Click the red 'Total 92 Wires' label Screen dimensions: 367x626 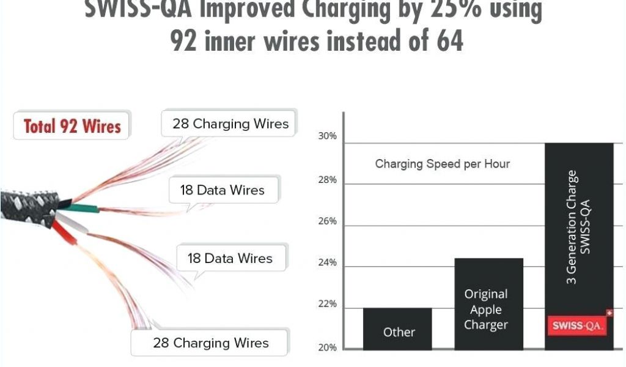(x=72, y=126)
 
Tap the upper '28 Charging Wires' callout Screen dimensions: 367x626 (x=230, y=124)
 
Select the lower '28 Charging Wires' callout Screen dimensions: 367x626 (x=210, y=343)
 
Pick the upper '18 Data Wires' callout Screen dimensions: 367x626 (x=222, y=190)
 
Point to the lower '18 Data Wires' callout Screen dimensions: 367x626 (x=230, y=258)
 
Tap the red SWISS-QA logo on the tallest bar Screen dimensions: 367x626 (x=578, y=325)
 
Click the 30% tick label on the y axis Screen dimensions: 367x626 (x=327, y=136)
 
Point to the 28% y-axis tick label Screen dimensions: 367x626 (x=327, y=180)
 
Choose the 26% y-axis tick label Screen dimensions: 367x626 (x=327, y=221)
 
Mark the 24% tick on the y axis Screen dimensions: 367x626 (x=327, y=264)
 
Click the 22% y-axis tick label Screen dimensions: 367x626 (x=327, y=305)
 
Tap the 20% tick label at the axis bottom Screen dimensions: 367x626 (x=327, y=347)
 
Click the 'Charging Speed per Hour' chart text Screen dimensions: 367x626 (x=442, y=164)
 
